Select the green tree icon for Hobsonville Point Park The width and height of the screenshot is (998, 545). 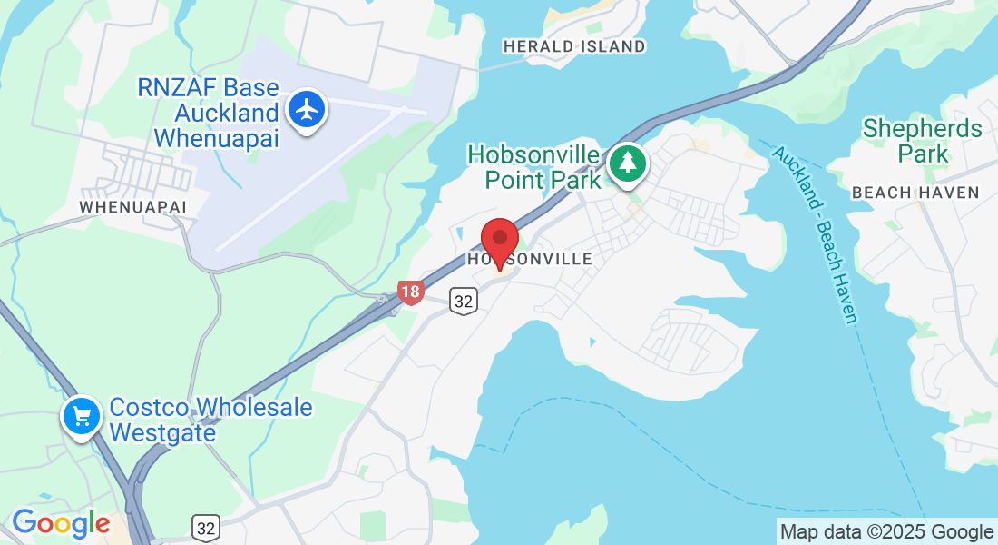[627, 163]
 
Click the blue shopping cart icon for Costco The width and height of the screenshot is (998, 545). [82, 416]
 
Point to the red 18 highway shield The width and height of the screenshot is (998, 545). [410, 292]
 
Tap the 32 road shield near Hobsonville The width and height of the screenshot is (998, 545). [464, 302]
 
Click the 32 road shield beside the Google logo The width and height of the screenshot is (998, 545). [206, 528]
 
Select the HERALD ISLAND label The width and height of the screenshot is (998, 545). [574, 46]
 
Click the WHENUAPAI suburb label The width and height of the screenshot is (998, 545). [132, 207]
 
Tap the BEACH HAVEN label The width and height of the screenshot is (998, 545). [915, 193]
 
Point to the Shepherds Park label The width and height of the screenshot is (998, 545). [922, 141]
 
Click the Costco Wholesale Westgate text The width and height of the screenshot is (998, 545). [210, 419]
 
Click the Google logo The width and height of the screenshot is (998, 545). [61, 524]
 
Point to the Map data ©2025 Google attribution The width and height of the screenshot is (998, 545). [886, 532]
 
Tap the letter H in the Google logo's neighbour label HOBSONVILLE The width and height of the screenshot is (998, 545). [474, 260]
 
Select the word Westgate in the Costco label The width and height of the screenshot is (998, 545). [162, 432]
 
